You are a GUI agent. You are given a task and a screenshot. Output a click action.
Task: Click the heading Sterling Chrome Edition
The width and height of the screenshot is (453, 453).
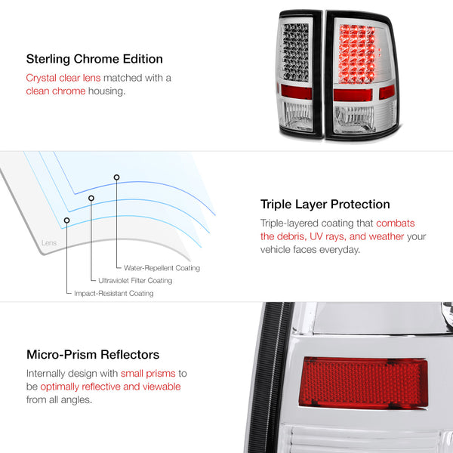94,59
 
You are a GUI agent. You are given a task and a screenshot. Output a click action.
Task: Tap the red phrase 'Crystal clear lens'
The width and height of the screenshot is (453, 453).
63,78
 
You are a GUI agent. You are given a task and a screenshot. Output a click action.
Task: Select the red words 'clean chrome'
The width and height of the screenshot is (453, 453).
56,91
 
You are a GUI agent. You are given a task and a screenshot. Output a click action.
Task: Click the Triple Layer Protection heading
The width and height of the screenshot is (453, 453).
325,205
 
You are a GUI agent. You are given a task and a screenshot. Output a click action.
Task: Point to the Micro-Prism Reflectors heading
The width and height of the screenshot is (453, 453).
93,355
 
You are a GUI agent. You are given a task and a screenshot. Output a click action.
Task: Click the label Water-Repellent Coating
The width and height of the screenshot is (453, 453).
162,268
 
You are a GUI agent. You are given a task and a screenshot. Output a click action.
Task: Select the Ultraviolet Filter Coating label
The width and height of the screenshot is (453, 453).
135,281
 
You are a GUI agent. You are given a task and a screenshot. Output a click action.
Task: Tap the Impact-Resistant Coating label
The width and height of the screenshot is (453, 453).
114,293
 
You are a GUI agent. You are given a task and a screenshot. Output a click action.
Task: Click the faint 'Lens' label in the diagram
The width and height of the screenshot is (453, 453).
49,242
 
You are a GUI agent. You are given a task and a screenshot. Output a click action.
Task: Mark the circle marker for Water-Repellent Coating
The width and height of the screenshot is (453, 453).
116,177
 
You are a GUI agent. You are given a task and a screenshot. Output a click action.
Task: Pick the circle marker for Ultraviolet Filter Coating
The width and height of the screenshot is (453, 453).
91,198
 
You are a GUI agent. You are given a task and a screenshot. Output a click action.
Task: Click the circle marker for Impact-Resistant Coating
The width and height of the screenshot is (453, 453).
66,220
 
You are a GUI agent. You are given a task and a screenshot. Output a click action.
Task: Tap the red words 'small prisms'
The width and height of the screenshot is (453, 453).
148,373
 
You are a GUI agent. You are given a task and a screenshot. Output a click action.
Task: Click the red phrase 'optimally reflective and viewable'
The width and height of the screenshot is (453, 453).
110,387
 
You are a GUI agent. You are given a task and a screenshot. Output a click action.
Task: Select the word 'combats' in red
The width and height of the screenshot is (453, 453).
395,223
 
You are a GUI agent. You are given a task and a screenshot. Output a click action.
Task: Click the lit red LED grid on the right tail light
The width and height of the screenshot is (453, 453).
357,54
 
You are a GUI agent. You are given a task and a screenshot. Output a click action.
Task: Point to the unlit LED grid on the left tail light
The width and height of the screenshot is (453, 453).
295,52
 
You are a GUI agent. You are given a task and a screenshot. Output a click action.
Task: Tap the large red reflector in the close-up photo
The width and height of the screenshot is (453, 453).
363,383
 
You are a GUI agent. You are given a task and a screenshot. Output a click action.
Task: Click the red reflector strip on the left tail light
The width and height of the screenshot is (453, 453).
296,92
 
